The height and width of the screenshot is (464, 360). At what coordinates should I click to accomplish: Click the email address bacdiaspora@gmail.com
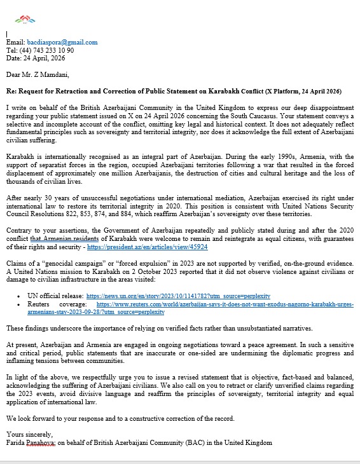click(x=76, y=43)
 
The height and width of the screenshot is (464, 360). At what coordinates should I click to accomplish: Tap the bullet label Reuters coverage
click(x=53, y=304)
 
